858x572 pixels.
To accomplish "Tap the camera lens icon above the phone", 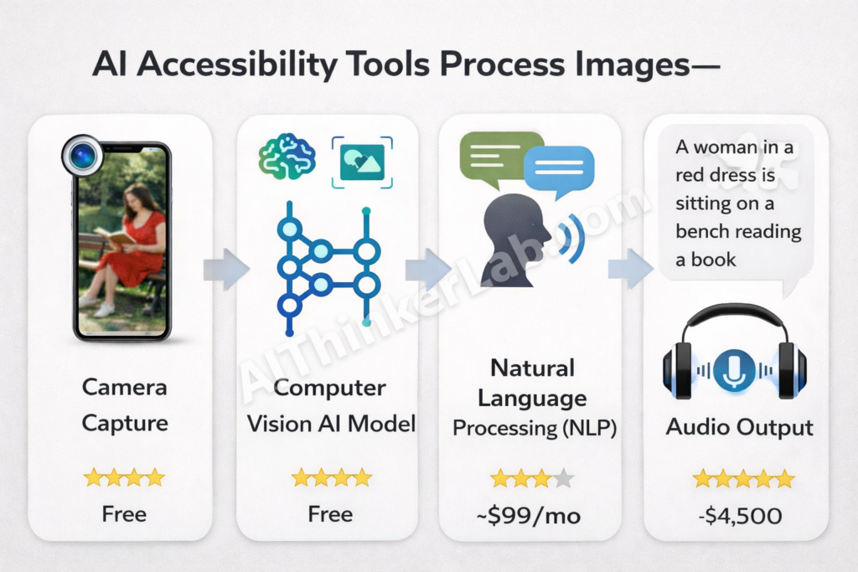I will point(81,156).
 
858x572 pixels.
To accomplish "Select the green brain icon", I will point(287,157).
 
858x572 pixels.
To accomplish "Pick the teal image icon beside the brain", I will point(362,162).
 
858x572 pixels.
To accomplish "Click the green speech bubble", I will point(499,157).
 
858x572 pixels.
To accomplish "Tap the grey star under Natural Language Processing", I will point(563,479).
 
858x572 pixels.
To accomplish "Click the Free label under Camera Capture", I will point(124,513).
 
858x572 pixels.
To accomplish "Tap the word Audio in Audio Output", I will point(699,427).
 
